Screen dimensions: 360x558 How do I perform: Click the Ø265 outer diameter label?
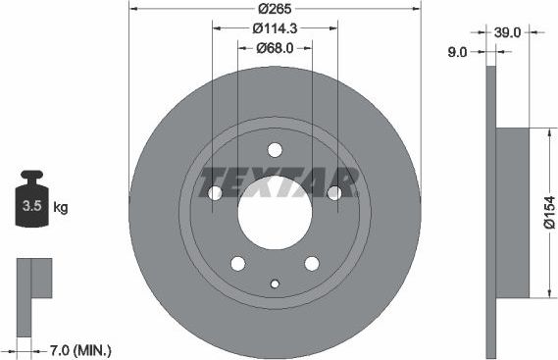click(275, 10)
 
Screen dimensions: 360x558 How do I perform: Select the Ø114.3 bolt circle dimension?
click(275, 28)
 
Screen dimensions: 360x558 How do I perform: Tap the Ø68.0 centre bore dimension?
click(276, 48)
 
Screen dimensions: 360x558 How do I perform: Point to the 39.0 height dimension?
click(507, 32)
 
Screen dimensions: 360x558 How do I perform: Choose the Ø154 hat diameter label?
click(550, 212)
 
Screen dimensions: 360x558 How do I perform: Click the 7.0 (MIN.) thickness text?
click(79, 349)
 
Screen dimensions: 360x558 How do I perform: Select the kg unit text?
click(61, 208)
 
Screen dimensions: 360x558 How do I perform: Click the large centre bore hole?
click(275, 212)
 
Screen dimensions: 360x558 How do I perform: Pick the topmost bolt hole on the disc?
click(275, 150)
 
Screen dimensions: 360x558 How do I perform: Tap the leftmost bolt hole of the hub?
click(215, 193)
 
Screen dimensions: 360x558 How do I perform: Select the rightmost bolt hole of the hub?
click(334, 193)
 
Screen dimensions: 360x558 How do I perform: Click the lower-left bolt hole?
click(237, 263)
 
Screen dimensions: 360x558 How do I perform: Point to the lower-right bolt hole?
click(312, 263)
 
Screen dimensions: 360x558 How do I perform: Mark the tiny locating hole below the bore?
click(275, 284)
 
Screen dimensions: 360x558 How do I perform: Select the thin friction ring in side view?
click(491, 212)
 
